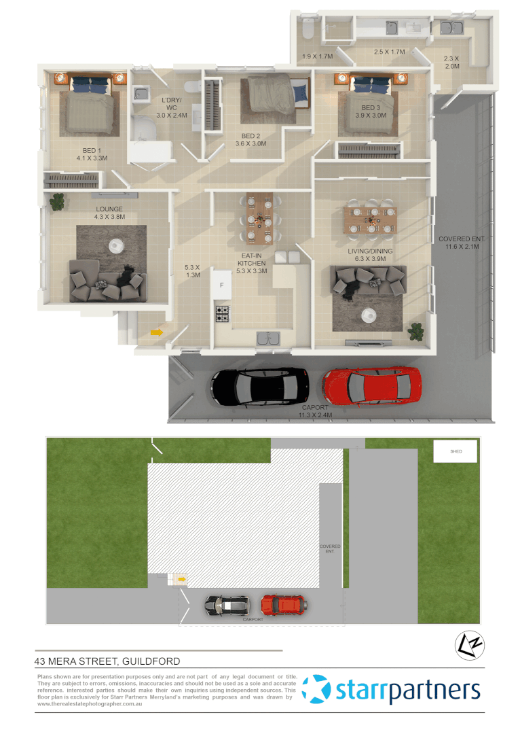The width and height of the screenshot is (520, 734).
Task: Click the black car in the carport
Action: pyautogui.click(x=257, y=387)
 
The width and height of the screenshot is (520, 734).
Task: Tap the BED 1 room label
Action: pyautogui.click(x=95, y=154)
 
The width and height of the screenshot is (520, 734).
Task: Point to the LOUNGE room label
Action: pyautogui.click(x=109, y=213)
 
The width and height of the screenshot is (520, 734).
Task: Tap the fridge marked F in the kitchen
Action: pyautogui.click(x=221, y=285)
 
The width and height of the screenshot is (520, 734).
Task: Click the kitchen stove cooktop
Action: pyautogui.click(x=223, y=314)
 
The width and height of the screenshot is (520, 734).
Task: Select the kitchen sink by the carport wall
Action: pyautogui.click(x=268, y=339)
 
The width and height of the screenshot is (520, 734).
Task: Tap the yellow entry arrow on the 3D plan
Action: pyautogui.click(x=156, y=332)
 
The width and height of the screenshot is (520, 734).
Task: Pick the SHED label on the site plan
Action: pyautogui.click(x=456, y=451)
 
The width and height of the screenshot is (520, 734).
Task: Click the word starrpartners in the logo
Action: pyautogui.click(x=407, y=691)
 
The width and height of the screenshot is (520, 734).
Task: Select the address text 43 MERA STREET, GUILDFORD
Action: pyautogui.click(x=107, y=661)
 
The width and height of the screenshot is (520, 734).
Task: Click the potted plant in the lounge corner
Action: pyautogui.click(x=58, y=200)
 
